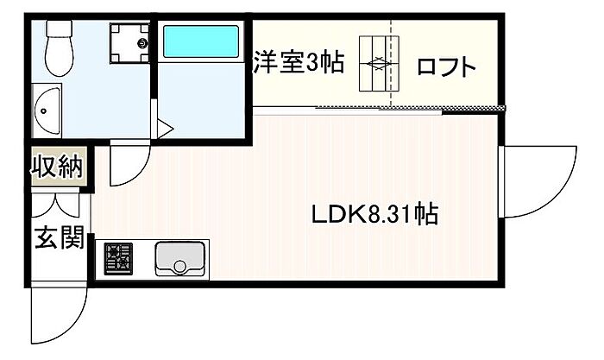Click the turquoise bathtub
[200, 40]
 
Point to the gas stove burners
[118, 257]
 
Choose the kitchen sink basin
[179, 257]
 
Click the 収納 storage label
[58, 167]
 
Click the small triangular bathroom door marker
[164, 130]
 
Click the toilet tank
[61, 29]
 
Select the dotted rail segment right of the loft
[474, 108]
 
